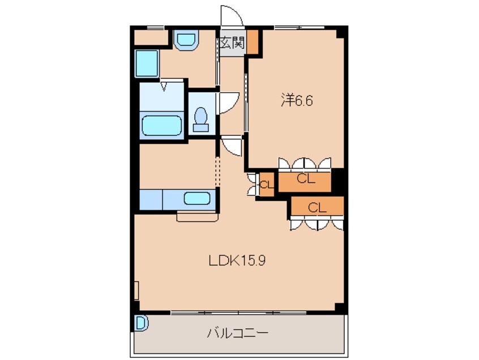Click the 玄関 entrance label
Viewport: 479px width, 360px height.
[232, 42]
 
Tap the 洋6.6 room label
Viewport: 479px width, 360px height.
[297, 101]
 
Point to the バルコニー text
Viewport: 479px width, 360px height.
[237, 333]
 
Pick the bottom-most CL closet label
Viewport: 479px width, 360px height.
[317, 208]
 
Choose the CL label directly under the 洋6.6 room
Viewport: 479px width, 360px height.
[305, 180]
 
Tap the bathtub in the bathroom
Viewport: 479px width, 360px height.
[162, 125]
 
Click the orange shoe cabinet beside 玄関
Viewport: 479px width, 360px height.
[253, 42]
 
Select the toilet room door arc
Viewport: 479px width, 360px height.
[228, 102]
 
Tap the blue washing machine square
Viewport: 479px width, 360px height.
[146, 63]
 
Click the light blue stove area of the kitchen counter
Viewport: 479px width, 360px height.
[151, 200]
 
